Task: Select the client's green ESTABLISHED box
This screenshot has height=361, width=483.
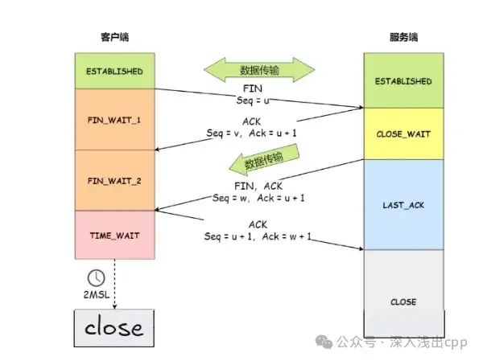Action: coord(114,72)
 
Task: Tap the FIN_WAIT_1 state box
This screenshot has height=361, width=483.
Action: coord(114,120)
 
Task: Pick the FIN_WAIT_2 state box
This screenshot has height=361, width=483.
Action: coord(114,181)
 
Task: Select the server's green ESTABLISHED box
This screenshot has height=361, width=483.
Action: coord(403,81)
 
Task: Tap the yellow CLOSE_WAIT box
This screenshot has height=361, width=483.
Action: coord(403,134)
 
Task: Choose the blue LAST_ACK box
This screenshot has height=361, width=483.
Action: coord(403,205)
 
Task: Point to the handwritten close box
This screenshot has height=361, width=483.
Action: coord(114,327)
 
